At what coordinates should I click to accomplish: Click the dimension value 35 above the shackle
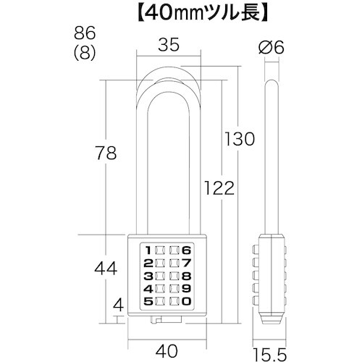point(168,46)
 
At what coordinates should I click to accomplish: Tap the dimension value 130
point(239,138)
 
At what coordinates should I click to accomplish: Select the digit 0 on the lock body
point(187,301)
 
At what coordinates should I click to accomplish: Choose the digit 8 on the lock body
point(187,275)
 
